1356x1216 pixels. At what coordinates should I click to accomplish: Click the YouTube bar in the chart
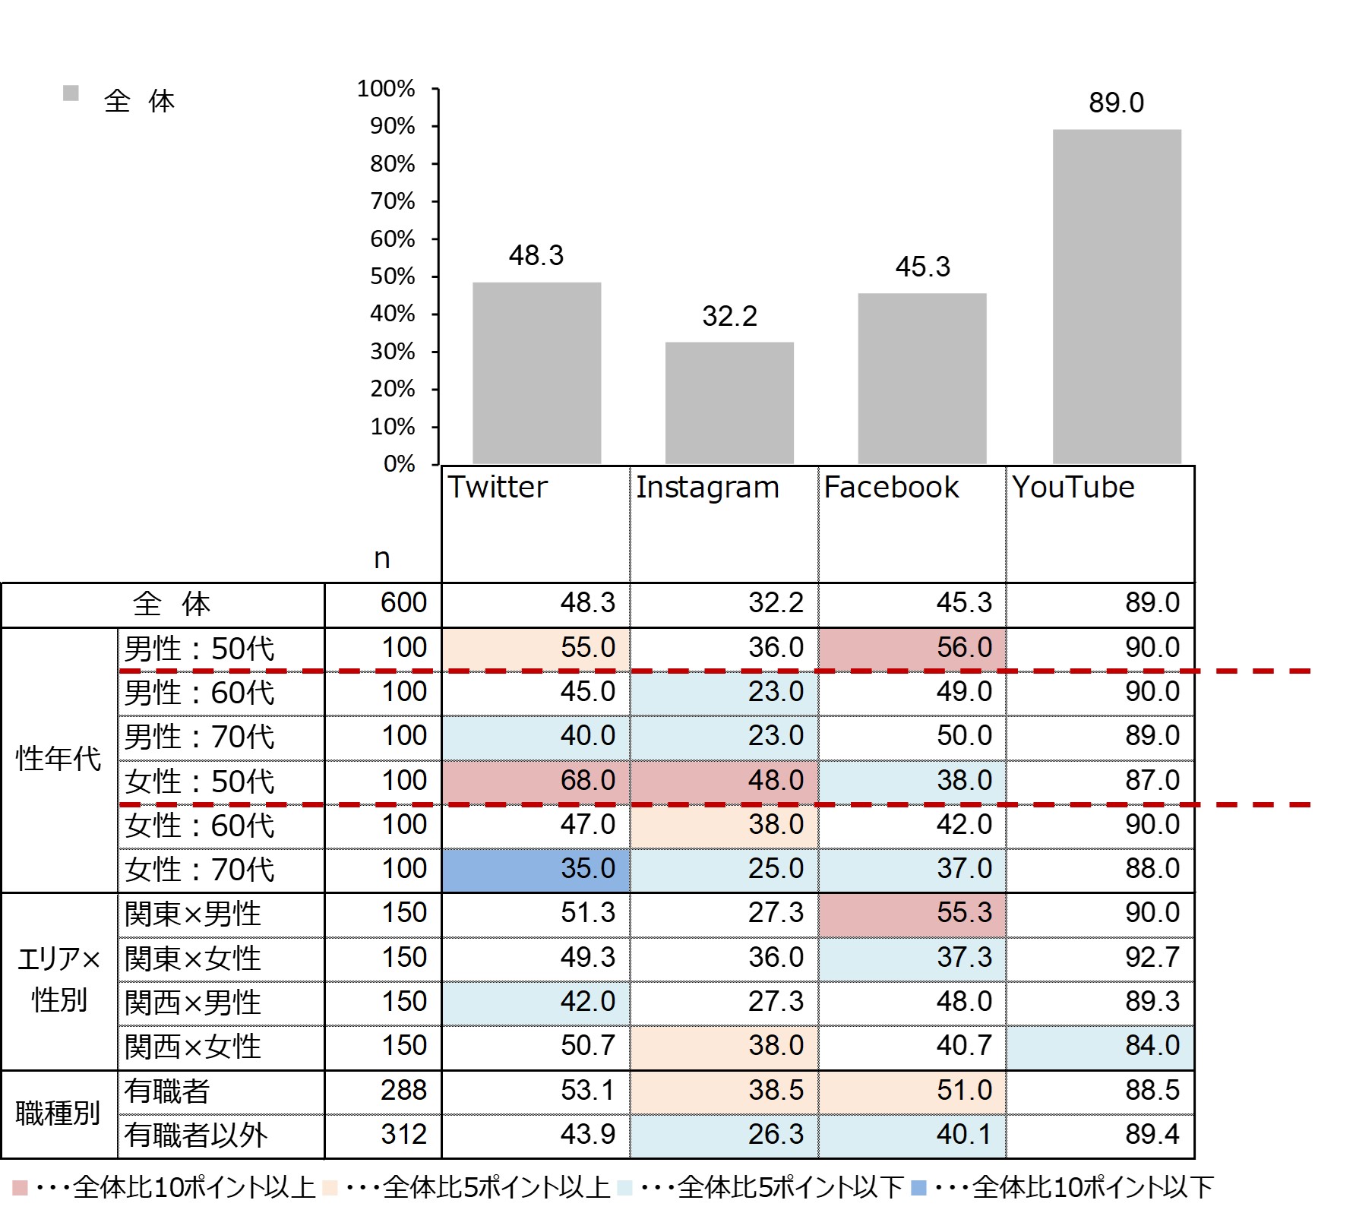tap(1116, 296)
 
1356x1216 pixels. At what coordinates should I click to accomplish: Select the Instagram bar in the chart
tap(729, 403)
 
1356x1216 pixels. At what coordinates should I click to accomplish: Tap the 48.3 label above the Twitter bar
tap(536, 256)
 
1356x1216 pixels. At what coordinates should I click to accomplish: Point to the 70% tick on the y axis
tap(393, 201)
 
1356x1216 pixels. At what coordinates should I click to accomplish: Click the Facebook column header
tap(891, 488)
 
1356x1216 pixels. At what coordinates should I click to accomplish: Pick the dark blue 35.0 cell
tap(536, 869)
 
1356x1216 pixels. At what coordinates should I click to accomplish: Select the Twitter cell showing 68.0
tap(536, 781)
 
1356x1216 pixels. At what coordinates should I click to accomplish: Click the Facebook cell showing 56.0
tap(912, 648)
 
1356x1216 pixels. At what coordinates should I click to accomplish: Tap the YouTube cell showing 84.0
tap(1100, 1046)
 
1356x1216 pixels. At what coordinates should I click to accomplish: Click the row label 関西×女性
tap(193, 1047)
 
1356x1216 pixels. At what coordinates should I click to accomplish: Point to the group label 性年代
tap(58, 759)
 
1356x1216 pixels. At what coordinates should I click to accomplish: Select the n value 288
tap(403, 1091)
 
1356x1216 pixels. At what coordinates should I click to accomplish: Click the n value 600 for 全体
tap(403, 603)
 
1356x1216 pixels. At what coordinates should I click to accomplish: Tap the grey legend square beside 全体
tap(71, 93)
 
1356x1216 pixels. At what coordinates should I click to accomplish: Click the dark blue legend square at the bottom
tap(918, 1187)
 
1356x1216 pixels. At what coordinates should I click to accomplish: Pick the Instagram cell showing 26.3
tap(724, 1135)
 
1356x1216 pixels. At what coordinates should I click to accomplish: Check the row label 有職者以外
tap(196, 1135)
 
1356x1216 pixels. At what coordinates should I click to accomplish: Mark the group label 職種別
tap(58, 1113)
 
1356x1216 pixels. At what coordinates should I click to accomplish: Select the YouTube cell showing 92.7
tap(1100, 958)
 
